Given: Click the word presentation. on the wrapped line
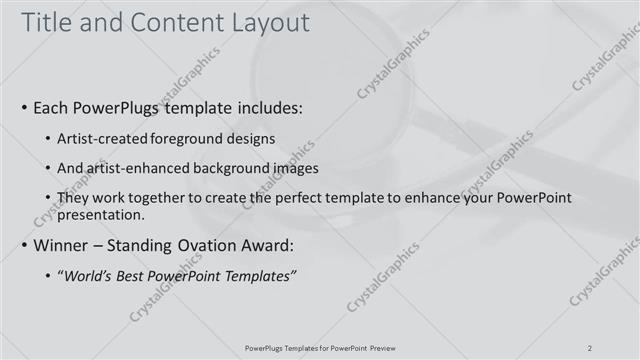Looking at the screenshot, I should point(104,214).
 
